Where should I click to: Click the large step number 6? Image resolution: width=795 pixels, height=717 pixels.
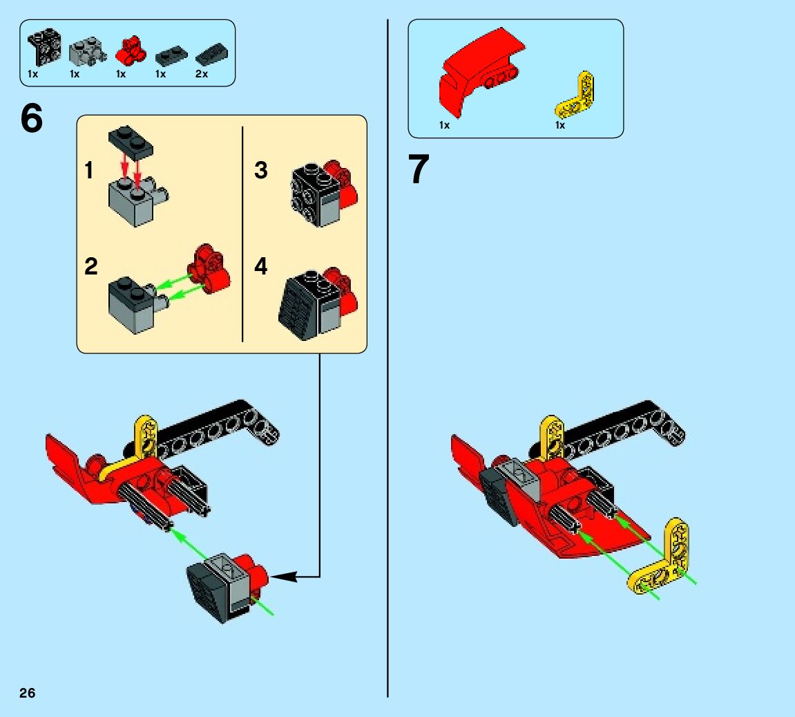32,118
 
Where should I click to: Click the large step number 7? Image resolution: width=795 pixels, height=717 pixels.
419,169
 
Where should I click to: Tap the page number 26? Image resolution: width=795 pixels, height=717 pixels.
28,693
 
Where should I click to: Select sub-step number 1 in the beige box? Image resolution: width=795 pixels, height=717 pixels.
89,171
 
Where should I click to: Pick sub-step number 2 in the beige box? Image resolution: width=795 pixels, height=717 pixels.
90,267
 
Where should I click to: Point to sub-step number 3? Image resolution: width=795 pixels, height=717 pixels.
260,171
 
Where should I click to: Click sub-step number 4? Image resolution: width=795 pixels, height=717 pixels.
260,266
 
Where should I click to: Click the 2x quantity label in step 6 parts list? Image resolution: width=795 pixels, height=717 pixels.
201,74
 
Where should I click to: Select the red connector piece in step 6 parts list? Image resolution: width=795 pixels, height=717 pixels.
131,50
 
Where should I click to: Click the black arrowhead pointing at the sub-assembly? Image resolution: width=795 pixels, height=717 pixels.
283,577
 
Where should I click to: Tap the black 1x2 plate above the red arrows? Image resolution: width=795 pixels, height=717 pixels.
131,140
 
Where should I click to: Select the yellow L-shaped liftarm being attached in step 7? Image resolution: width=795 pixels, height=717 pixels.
659,558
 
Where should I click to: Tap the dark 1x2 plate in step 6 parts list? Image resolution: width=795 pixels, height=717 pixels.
171,55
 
